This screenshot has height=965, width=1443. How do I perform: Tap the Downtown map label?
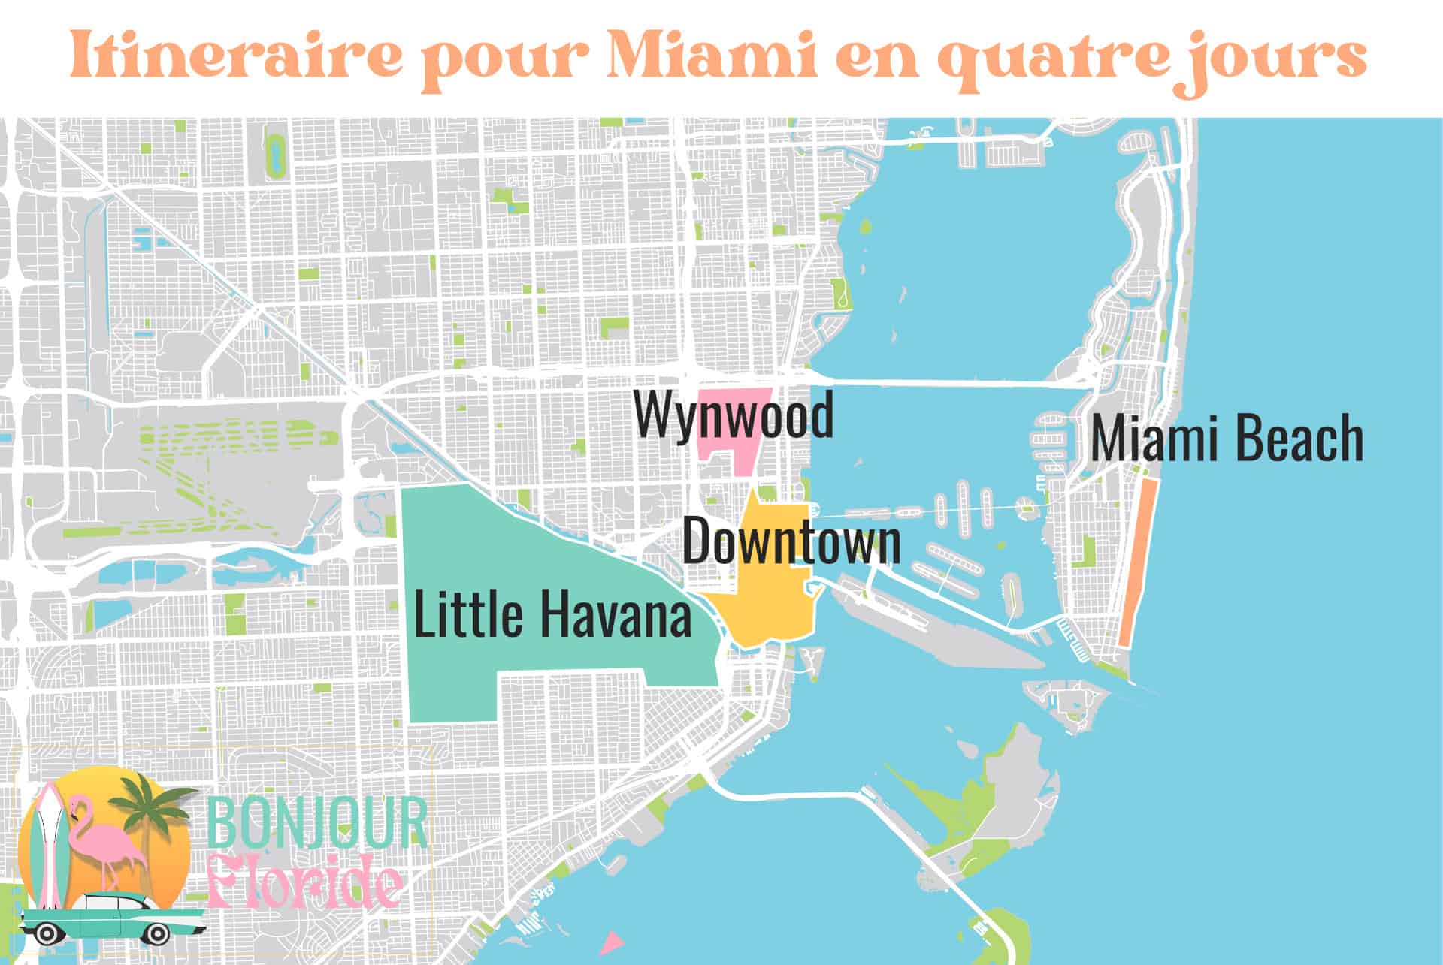pyautogui.click(x=791, y=541)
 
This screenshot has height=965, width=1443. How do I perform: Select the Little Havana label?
pyautogui.click(x=552, y=614)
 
